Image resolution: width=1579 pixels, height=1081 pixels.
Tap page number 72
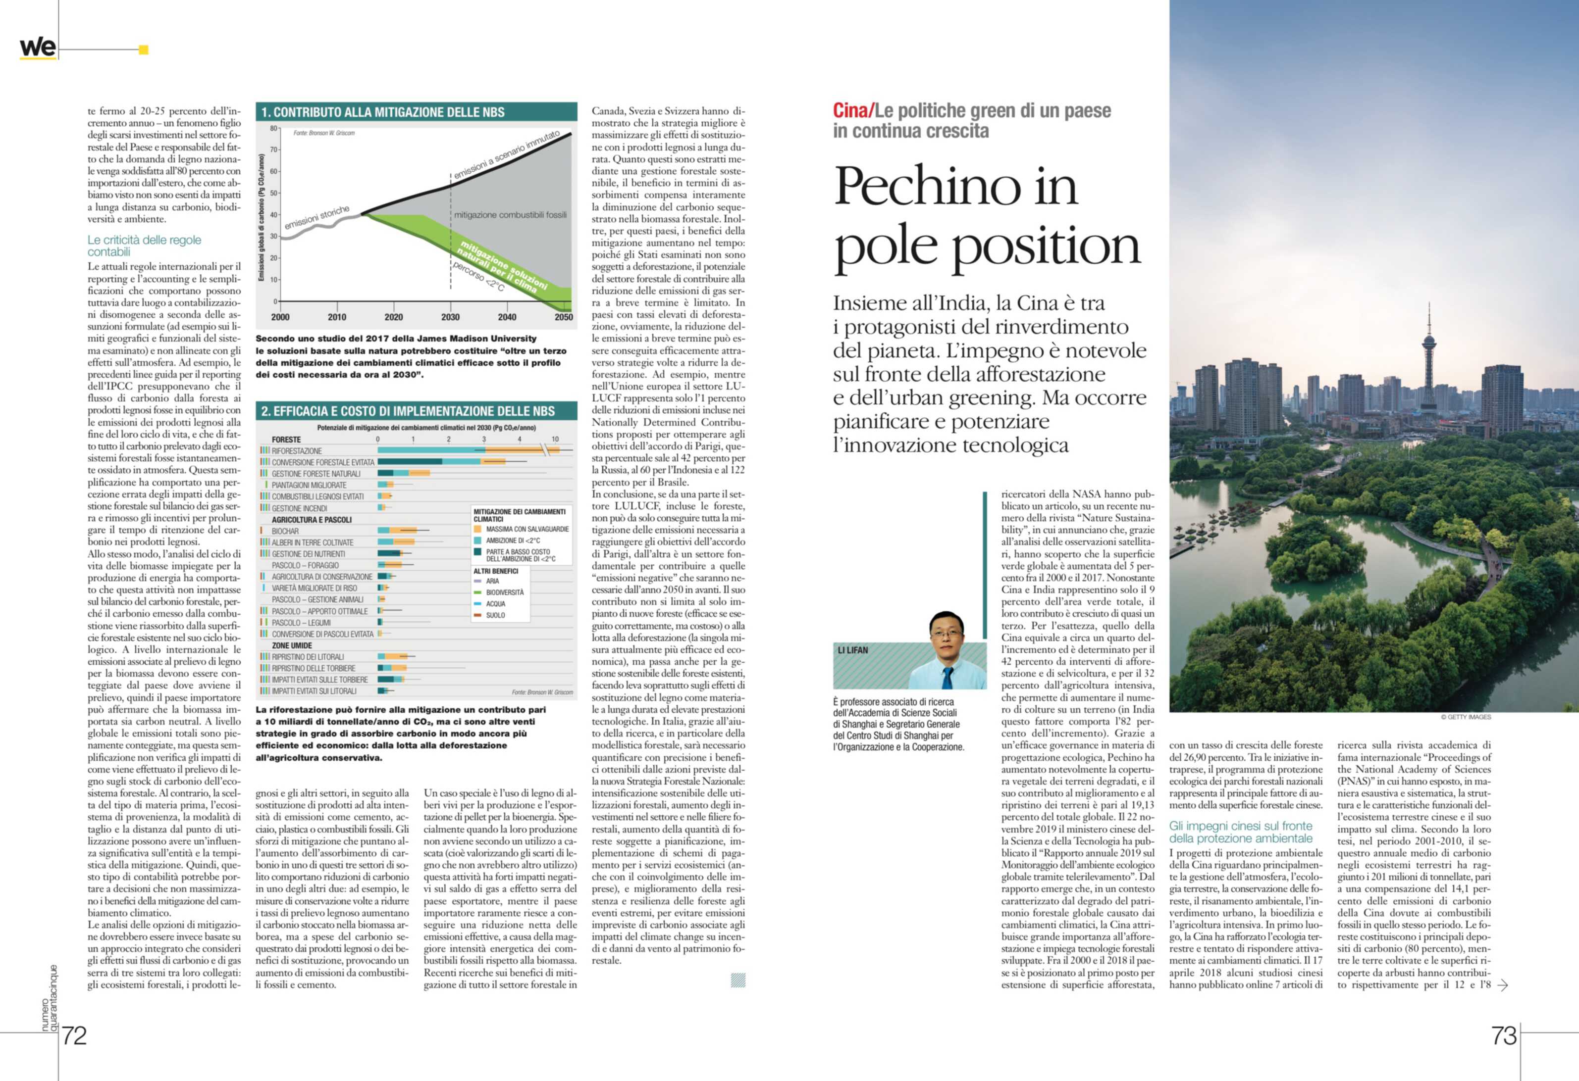(x=74, y=1035)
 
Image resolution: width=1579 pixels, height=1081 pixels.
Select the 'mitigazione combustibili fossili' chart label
(x=510, y=215)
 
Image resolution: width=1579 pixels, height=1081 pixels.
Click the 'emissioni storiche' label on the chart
(x=316, y=217)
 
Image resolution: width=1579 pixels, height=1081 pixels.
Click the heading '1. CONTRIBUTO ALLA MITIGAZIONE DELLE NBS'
(x=389, y=112)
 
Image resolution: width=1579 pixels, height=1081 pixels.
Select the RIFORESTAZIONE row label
(x=296, y=451)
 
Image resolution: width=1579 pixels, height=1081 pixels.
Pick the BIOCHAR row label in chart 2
(x=285, y=531)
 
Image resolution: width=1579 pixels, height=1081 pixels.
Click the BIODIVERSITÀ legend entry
(x=504, y=592)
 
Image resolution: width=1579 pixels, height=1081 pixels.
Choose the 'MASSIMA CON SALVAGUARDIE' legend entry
(x=526, y=529)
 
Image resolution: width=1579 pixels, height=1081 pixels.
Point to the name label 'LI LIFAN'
(x=853, y=650)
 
